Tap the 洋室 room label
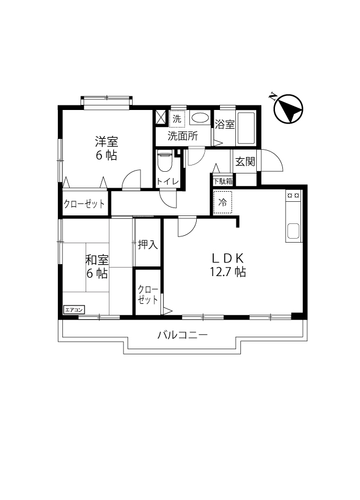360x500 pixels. [x=106, y=141]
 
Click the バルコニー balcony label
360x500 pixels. [x=183, y=335]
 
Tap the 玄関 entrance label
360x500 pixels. [x=245, y=162]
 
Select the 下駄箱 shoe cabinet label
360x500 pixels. [x=223, y=181]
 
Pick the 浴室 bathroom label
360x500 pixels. [x=225, y=124]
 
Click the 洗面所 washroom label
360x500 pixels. [x=182, y=136]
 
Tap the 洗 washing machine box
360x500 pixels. [x=177, y=119]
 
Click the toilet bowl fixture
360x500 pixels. [x=165, y=163]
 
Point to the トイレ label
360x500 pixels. [x=168, y=182]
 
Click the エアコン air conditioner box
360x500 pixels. [x=74, y=310]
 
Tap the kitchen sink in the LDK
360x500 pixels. [x=293, y=231]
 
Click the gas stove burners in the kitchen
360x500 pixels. [x=294, y=196]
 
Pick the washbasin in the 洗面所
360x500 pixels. [x=199, y=118]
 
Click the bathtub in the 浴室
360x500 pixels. [x=246, y=128]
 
